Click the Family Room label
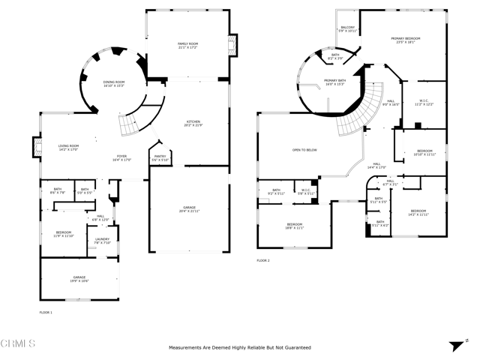(187, 46)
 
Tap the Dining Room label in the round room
(114, 83)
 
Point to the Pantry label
(159, 158)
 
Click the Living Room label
(68, 147)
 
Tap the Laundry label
(103, 241)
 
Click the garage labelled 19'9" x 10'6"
(79, 279)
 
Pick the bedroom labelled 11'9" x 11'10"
(63, 235)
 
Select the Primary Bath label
(334, 82)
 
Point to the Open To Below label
(304, 150)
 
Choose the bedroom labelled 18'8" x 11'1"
(294, 226)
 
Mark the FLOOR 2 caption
(262, 260)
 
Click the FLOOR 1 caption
(46, 311)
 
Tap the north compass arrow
(455, 346)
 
